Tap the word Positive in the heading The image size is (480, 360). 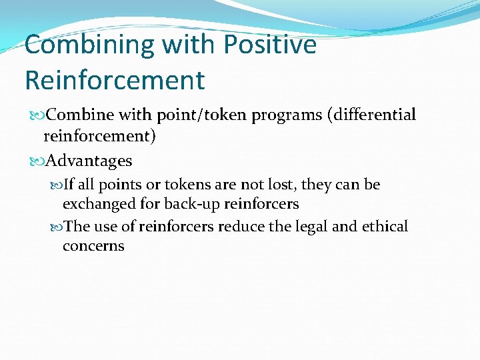tap(270, 45)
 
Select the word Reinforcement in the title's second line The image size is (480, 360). tap(115, 80)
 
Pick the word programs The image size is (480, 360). tap(283, 115)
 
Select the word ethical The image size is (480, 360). tap(385, 227)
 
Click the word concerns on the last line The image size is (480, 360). tap(93, 246)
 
